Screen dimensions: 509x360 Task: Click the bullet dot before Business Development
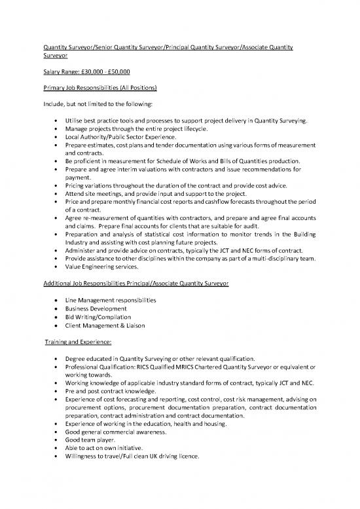click(60, 309)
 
